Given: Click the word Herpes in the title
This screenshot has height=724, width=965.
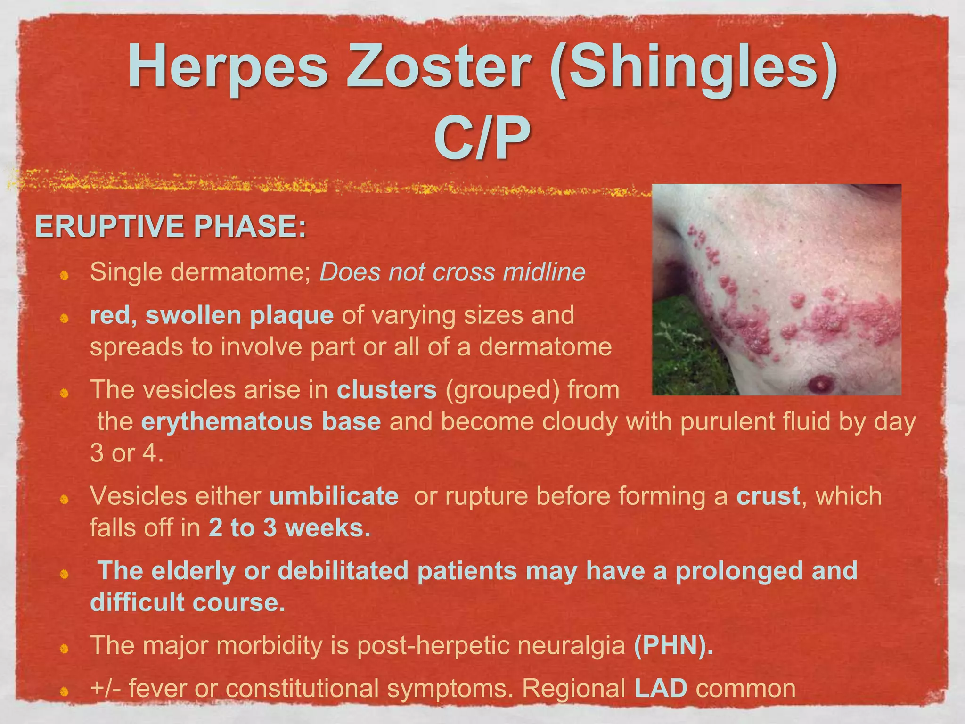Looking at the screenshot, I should [228, 66].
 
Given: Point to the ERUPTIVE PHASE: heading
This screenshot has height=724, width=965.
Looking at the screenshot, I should [171, 227].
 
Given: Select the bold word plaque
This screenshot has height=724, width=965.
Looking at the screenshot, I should [291, 315].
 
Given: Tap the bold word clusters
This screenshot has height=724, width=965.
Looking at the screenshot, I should [386, 390].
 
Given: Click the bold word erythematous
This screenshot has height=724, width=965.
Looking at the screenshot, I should [227, 421].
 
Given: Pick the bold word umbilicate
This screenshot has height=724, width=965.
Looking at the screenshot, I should [334, 496].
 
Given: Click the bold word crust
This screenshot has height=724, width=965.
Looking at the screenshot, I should [768, 496].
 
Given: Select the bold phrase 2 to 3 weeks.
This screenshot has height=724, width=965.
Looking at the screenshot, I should [289, 527].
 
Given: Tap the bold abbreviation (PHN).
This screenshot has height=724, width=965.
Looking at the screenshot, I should [673, 645].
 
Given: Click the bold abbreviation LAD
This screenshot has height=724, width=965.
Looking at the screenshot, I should [661, 688].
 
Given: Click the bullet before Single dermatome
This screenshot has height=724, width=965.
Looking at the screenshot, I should [65, 275].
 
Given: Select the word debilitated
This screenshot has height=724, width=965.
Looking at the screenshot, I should [343, 571].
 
